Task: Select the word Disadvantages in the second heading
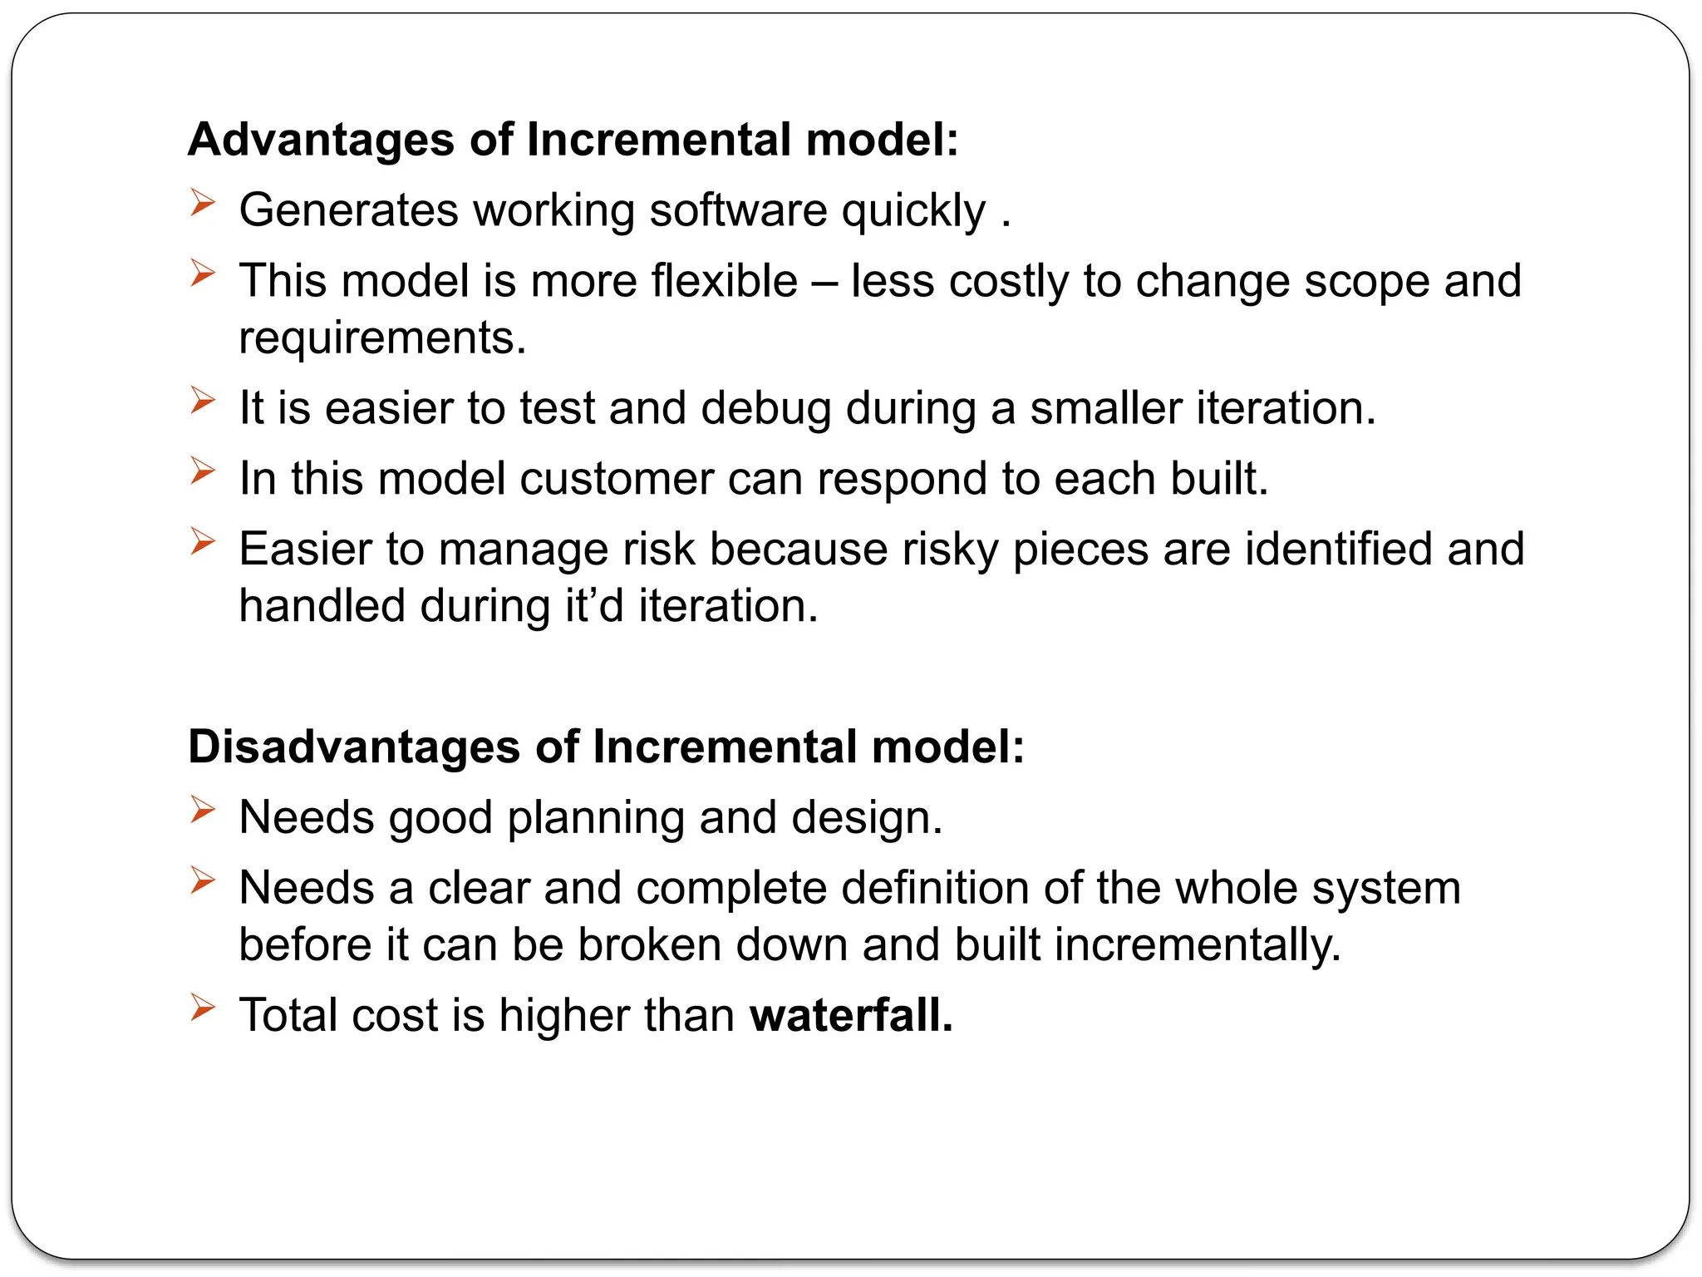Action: click(354, 747)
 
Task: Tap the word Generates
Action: click(348, 210)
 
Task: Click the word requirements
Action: click(382, 338)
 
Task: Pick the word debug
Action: click(765, 408)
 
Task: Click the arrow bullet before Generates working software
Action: click(202, 202)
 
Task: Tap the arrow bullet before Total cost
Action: click(202, 1008)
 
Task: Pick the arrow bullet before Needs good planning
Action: click(202, 810)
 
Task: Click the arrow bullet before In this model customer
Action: click(202, 471)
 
